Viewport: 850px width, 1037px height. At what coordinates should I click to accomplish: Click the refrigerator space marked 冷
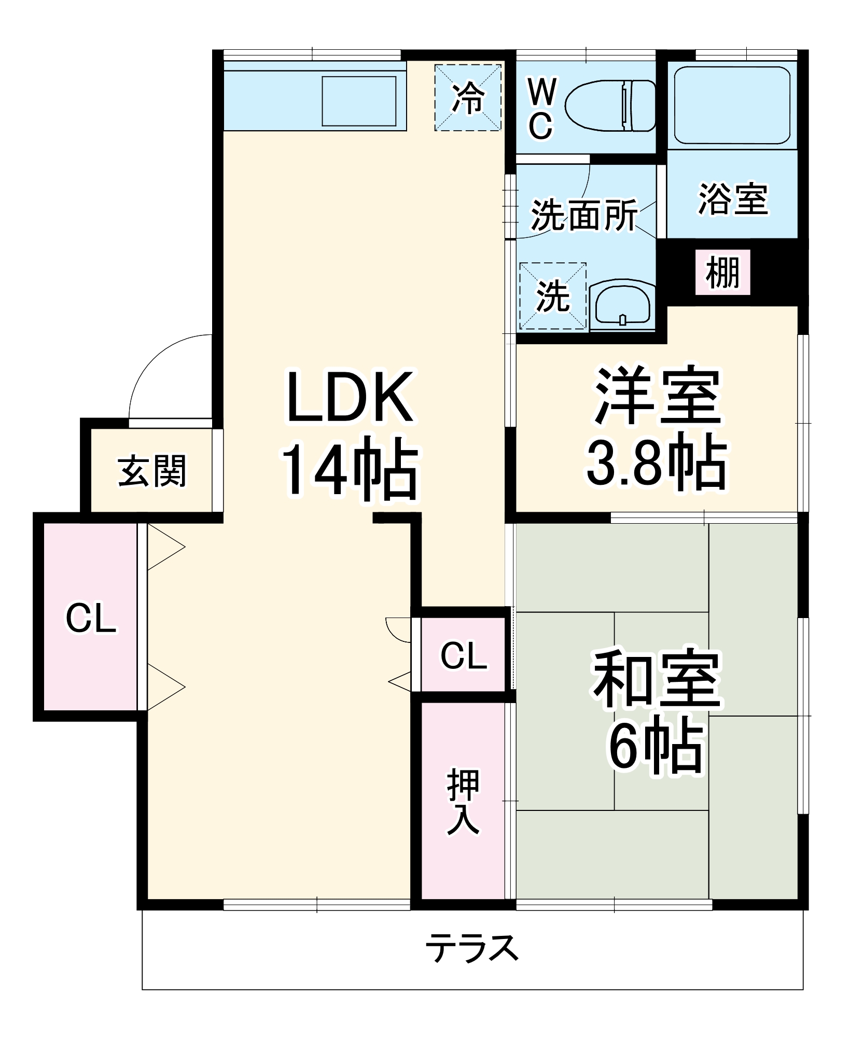click(x=468, y=97)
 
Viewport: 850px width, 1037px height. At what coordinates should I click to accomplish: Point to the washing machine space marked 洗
click(x=553, y=297)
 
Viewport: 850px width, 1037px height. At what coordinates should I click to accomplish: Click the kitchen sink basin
click(x=359, y=101)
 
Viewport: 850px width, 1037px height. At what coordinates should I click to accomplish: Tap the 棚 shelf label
click(x=723, y=273)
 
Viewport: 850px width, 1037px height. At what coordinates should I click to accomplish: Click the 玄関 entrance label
click(x=151, y=471)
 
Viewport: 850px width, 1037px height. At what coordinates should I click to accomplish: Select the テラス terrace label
click(x=472, y=947)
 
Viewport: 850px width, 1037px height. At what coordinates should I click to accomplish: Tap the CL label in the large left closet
click(x=91, y=619)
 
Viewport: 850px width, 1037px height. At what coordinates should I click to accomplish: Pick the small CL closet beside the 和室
click(x=464, y=655)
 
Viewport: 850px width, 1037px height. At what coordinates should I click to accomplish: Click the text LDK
click(x=350, y=396)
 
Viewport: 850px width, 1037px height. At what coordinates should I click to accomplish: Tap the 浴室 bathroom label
click(x=732, y=199)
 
